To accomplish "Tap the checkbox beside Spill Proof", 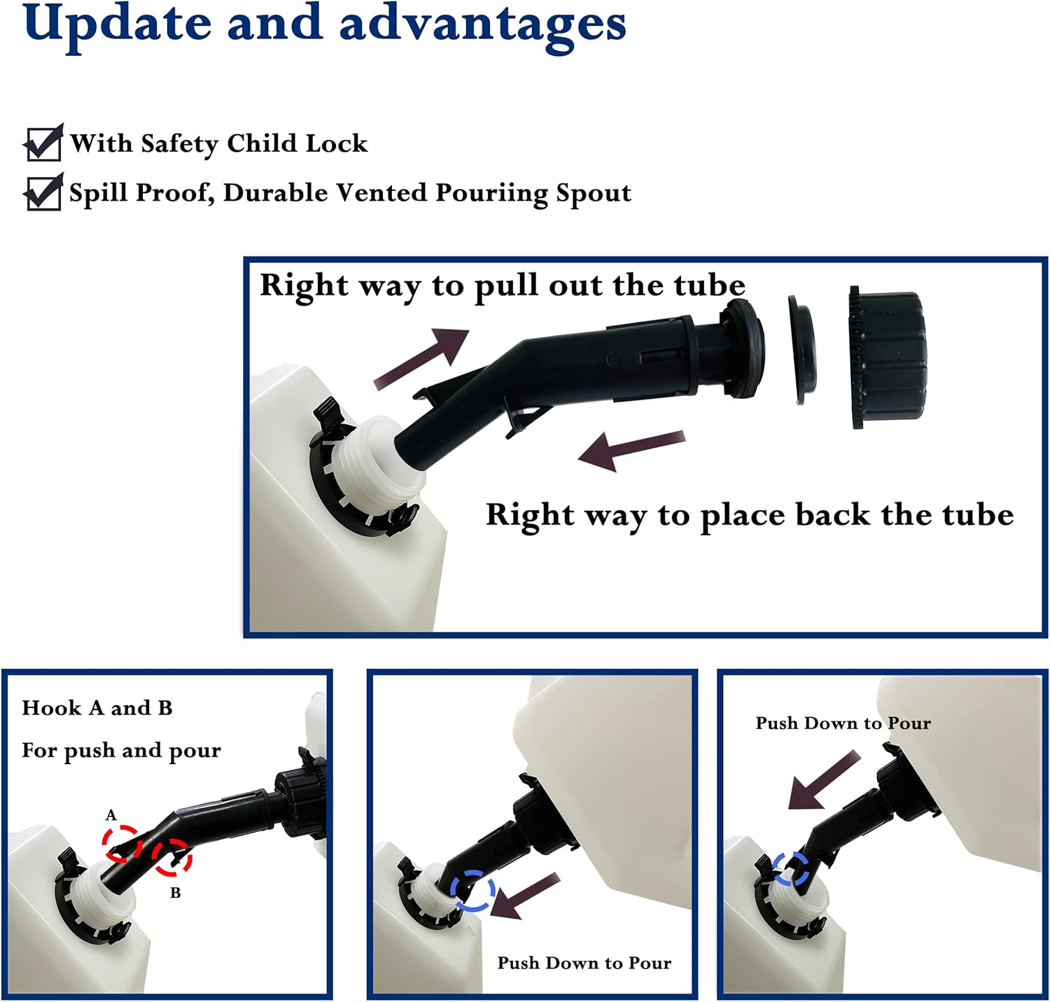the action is coord(43,192).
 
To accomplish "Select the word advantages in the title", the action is coord(483,25).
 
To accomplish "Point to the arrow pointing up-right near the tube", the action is coord(421,358).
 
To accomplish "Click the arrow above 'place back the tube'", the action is coord(631,450).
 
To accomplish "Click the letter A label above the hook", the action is coord(111,815).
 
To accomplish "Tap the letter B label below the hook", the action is coord(175,893).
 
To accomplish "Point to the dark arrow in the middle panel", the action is coord(524,896).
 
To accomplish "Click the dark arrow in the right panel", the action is coord(823,779).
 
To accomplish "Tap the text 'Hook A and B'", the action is coord(97,708).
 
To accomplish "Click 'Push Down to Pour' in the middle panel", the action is coord(584,964).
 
